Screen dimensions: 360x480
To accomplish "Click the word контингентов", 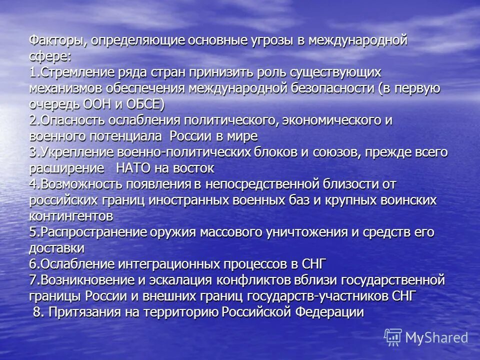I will [70, 216].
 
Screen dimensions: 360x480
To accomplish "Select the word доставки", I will [56, 248].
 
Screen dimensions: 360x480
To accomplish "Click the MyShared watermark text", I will [436, 337].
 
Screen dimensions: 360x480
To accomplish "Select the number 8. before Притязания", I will [38, 312].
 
